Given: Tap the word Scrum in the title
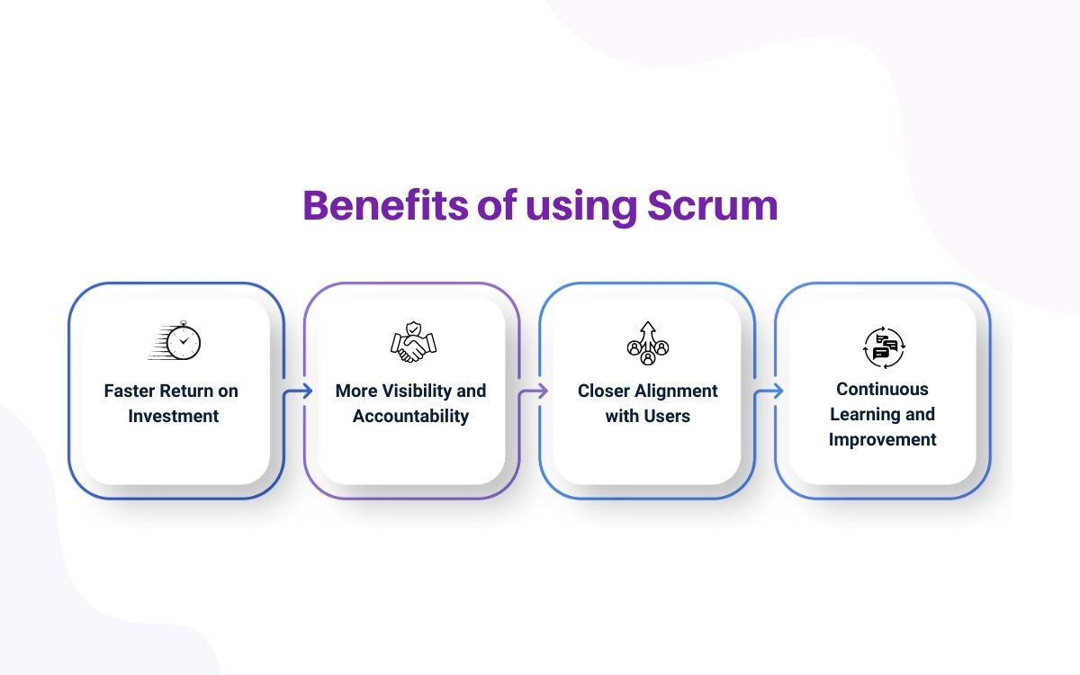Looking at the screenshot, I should click(x=712, y=206).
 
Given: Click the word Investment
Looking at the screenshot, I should click(x=174, y=416).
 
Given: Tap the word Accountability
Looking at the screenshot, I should click(x=410, y=416).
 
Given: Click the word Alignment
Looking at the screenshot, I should click(x=677, y=391).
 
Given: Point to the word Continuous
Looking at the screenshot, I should click(x=882, y=389).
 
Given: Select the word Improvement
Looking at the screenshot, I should click(x=882, y=439).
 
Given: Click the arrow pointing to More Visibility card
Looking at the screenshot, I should click(x=300, y=391).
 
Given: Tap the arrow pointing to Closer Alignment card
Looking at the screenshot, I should click(x=535, y=391).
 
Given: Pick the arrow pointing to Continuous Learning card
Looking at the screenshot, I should click(x=770, y=391).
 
